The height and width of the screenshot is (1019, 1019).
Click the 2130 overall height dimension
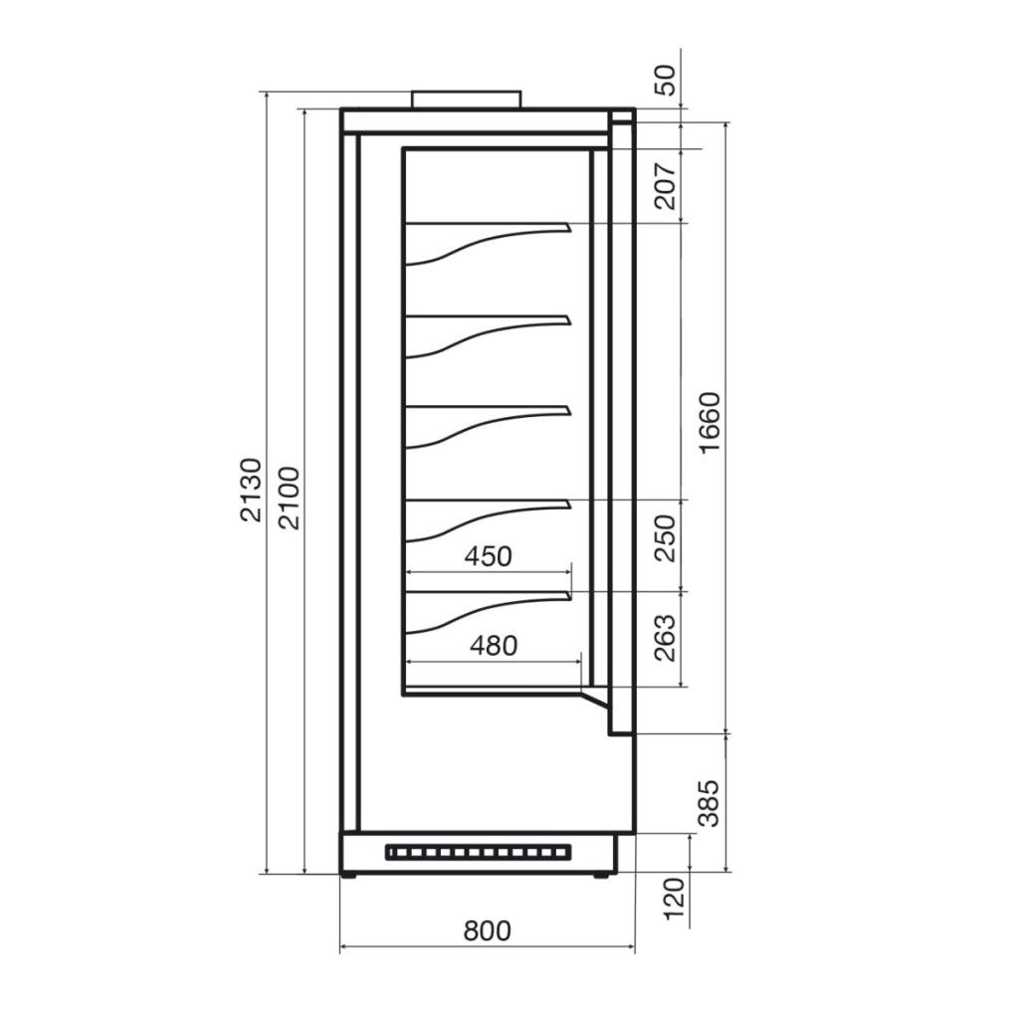pos(251,490)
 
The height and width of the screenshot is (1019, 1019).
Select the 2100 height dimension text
pos(289,498)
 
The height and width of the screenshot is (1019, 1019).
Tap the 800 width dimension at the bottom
pos(488,930)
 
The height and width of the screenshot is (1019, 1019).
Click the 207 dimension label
pos(666,186)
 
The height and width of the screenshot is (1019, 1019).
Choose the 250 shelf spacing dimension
pos(666,538)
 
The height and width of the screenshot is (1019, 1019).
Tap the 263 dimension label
pos(666,638)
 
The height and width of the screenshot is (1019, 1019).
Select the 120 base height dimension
pos(675,899)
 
